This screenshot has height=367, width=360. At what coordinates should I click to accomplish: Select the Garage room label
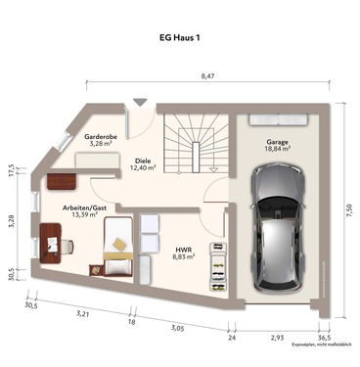click(x=277, y=142)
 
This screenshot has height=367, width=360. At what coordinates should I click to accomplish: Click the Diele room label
click(x=143, y=161)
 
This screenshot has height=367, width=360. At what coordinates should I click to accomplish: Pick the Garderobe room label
click(x=101, y=137)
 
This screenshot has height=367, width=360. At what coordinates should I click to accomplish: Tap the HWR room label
click(x=182, y=249)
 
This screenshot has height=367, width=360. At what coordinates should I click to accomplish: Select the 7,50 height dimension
click(x=348, y=208)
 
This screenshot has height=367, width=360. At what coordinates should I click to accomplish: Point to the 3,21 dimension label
click(x=84, y=314)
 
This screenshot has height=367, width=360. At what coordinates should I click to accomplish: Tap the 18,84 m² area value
click(x=277, y=151)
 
